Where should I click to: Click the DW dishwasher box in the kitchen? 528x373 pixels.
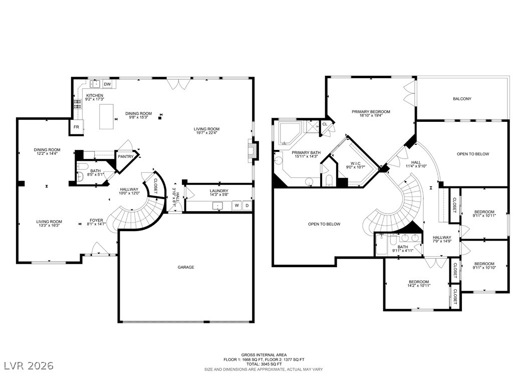pyautogui.click(x=107, y=84)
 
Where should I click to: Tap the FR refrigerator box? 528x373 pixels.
pyautogui.click(x=77, y=127)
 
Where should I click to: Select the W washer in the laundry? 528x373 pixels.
pyautogui.click(x=237, y=205)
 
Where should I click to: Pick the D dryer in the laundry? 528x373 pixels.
pyautogui.click(x=247, y=205)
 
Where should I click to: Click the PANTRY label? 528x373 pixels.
pyautogui.click(x=126, y=156)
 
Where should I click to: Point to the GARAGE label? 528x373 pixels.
pyautogui.click(x=186, y=267)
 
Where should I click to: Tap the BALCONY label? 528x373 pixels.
pyautogui.click(x=462, y=99)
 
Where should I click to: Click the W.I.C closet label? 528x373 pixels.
pyautogui.click(x=356, y=163)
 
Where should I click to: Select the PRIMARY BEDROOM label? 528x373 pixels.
pyautogui.click(x=371, y=111)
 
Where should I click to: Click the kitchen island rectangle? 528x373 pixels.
pyautogui.click(x=106, y=116)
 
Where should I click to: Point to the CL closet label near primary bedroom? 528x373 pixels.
pyautogui.click(x=325, y=124)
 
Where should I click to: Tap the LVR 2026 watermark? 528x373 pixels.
pyautogui.click(x=29, y=365)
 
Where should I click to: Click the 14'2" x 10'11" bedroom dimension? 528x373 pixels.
pyautogui.click(x=419, y=285)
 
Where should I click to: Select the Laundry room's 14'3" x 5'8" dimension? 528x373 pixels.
pyautogui.click(x=219, y=195)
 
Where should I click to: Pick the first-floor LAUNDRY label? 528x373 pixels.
pyautogui.click(x=219, y=191)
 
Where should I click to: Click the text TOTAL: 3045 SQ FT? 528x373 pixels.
pyautogui.click(x=263, y=364)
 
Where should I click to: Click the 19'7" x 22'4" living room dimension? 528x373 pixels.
pyautogui.click(x=206, y=132)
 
